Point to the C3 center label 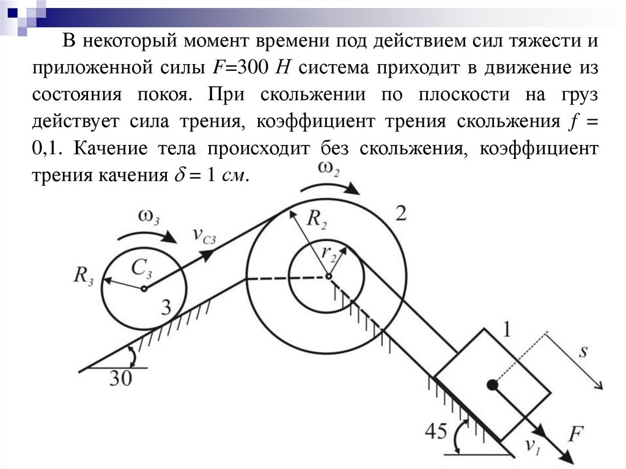(x=141, y=267)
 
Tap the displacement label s (x=583, y=352)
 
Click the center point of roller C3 (x=144, y=288)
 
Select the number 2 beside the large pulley (x=401, y=213)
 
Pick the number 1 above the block (x=506, y=330)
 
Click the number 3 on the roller (x=166, y=308)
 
